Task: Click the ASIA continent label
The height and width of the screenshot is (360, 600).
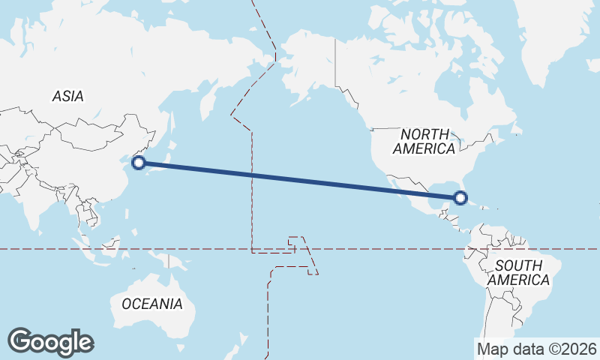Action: tap(67, 96)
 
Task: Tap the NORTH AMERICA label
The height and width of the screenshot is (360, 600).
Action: tap(424, 141)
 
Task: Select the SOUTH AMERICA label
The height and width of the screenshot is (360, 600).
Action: tap(518, 272)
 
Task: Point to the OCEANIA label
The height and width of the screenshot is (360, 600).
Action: tap(151, 304)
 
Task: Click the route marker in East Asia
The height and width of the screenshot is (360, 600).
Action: tap(138, 162)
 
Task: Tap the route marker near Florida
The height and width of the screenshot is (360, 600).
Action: tap(460, 198)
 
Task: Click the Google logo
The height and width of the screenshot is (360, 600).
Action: tap(50, 341)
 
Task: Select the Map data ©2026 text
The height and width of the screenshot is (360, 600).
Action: tap(536, 349)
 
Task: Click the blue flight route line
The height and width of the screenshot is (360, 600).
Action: tap(300, 180)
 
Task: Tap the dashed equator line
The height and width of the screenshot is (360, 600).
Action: tap(375, 249)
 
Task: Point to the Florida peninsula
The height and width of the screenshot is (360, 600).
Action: tap(459, 191)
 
